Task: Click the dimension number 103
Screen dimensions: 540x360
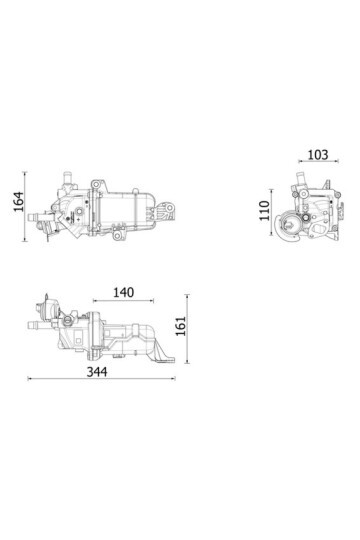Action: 315,156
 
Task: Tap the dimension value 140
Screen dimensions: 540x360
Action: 123,293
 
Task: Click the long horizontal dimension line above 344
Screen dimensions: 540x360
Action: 100,378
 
